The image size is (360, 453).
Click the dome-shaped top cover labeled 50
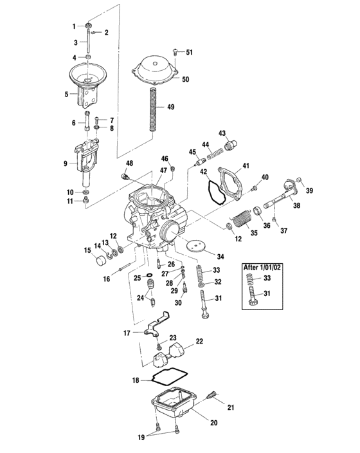tap(154, 70)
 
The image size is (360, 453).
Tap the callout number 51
tap(189, 51)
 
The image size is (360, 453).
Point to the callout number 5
tap(66, 95)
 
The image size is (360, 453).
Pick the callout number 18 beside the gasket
tap(136, 381)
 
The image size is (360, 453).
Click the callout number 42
tap(203, 172)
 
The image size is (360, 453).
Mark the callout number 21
tap(230, 407)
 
